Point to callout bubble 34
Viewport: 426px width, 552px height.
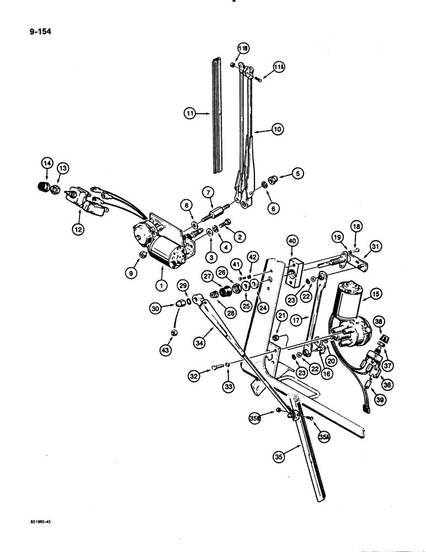[195, 347]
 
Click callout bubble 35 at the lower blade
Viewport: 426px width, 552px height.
[280, 456]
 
